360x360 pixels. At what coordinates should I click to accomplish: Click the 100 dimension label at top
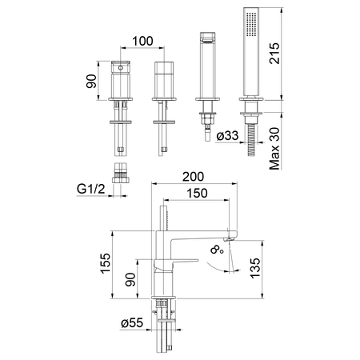click(x=142, y=41)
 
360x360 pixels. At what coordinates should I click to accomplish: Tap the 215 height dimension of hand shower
click(x=274, y=53)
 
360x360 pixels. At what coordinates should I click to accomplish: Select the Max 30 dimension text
click(x=274, y=149)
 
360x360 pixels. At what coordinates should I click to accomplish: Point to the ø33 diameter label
click(x=227, y=135)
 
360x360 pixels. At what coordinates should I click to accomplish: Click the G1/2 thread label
click(x=91, y=189)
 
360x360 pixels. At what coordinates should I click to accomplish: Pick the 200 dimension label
click(x=194, y=177)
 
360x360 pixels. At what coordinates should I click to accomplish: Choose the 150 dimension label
click(x=197, y=194)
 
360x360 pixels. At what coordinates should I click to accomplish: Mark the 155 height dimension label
click(x=106, y=263)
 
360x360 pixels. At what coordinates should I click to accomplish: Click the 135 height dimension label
click(x=255, y=268)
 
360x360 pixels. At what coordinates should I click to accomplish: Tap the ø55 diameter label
click(x=132, y=323)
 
